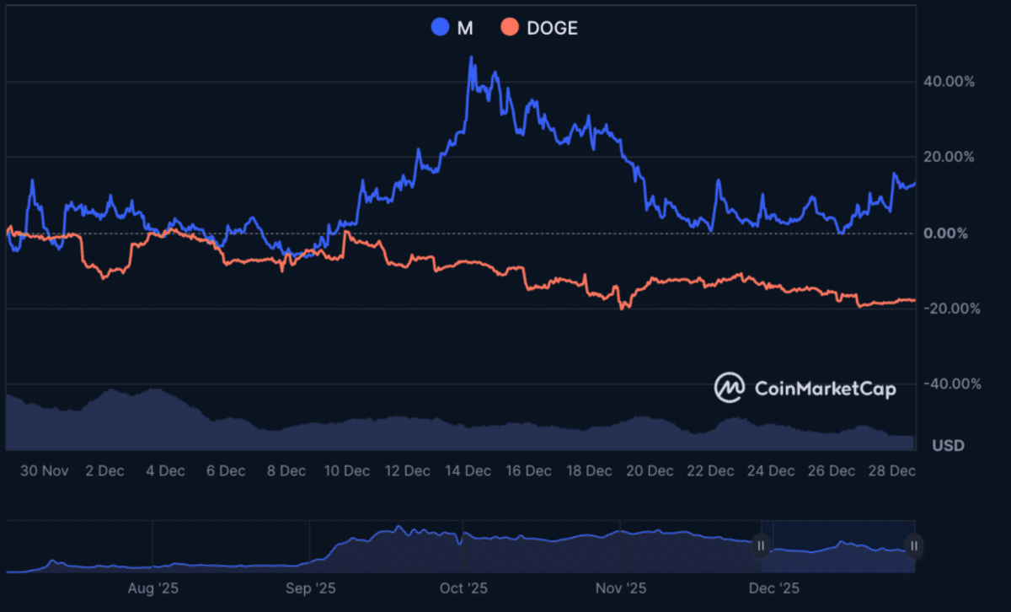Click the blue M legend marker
440,28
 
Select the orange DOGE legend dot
510,28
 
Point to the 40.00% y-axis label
949,82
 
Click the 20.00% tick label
949,157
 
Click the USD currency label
948,445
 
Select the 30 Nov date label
45,470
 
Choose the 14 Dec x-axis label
468,470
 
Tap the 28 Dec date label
892,470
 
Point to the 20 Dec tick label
650,470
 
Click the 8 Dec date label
286,470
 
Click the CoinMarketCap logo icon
729,388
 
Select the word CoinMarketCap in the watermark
825,389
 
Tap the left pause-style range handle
761,546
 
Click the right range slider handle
913,546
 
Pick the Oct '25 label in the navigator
464,587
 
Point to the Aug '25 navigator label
152,587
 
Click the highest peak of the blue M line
471,57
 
